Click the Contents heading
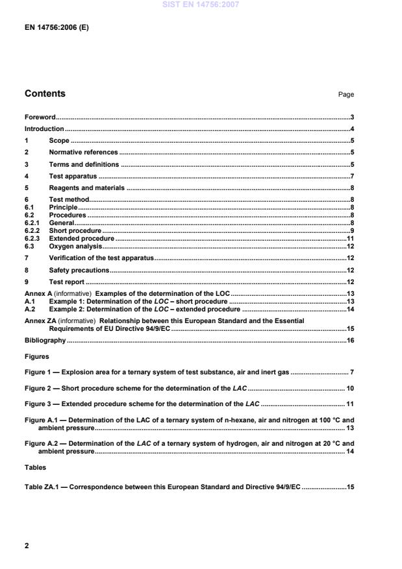pos(45,93)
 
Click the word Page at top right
pos(345,95)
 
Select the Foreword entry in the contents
pos(40,117)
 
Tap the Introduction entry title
pos(44,129)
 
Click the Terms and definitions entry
pos(84,164)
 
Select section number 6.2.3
pos(32,239)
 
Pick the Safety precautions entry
pos(79,270)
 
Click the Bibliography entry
pos(45,340)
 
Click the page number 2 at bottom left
pos(27,546)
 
